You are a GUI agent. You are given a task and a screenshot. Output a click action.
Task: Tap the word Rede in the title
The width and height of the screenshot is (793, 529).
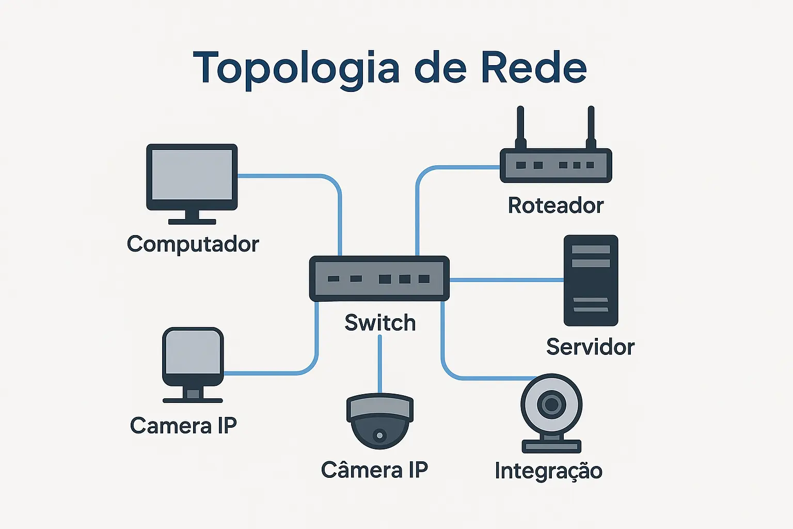534,68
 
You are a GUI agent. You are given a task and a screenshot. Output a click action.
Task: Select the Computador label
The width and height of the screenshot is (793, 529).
193,244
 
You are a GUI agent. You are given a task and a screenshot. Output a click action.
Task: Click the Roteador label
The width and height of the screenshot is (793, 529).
556,206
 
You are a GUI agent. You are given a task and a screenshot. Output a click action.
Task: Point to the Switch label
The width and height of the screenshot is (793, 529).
380,323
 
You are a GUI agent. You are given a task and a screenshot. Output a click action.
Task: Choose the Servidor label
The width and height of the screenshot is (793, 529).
590,347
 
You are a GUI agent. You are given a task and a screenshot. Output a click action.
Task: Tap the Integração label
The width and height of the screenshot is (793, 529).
548,471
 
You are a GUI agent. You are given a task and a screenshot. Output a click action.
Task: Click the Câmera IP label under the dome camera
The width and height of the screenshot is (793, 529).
374,470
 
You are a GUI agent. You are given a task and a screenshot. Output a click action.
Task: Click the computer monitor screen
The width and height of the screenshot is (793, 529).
192,175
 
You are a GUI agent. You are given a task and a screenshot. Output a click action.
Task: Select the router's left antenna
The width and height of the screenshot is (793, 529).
520,127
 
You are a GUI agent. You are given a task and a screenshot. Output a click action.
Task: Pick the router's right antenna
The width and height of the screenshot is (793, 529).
591,127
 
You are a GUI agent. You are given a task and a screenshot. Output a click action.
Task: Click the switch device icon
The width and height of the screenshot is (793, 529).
379,278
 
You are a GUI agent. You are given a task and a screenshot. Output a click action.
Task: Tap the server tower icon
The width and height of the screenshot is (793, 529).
591,281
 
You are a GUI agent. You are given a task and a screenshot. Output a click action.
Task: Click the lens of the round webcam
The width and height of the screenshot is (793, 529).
551,404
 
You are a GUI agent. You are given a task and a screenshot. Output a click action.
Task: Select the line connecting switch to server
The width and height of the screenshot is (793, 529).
506,280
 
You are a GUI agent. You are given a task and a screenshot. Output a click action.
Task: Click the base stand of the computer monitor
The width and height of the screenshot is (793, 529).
192,221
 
